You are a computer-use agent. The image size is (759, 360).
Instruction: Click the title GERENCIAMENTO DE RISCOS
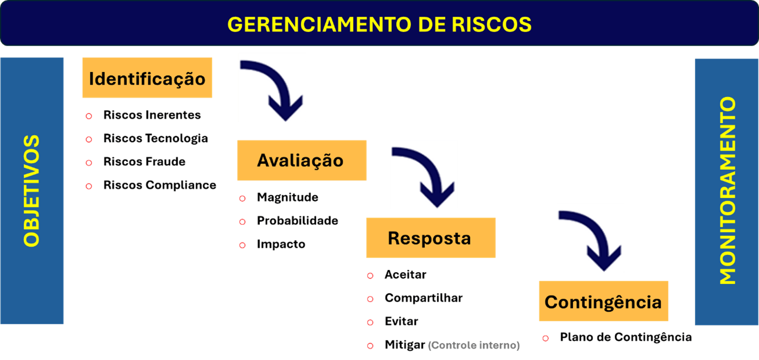tap(379, 25)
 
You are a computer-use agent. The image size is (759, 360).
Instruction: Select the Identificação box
tap(147, 78)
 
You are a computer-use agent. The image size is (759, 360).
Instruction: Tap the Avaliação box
tap(301, 160)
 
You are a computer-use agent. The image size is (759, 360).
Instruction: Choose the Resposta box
tap(430, 238)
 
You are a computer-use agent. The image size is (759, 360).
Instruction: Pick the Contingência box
tap(603, 302)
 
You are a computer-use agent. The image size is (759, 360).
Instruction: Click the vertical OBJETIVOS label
tap(32, 191)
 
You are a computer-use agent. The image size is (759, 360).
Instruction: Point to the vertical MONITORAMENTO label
tap(727, 191)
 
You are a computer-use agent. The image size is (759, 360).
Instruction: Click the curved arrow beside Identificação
tap(272, 88)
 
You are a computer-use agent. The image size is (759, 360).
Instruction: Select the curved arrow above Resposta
tap(424, 174)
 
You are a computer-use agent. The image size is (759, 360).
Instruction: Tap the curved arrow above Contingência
tap(590, 238)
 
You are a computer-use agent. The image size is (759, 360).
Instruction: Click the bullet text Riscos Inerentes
tap(152, 115)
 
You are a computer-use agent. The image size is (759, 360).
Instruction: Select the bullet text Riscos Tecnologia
tap(155, 139)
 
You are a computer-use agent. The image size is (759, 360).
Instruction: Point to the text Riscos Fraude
tap(144, 162)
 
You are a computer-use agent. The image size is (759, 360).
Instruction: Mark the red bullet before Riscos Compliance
tap(89, 186)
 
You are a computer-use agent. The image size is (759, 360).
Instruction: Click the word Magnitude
tap(287, 197)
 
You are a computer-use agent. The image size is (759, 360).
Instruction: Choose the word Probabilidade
tap(297, 221)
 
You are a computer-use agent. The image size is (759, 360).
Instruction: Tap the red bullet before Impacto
tap(243, 245)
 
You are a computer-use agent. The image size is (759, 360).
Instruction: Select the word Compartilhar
tap(424, 298)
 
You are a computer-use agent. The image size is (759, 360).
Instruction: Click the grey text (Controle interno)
tap(474, 346)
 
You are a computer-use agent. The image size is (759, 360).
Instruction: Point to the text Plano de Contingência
tap(626, 337)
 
